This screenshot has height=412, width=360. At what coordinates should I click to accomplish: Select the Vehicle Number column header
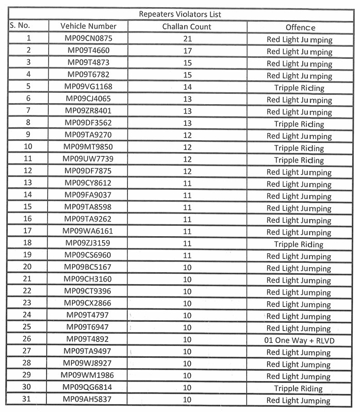point(88,26)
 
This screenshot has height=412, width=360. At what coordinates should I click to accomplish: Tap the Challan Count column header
point(186,26)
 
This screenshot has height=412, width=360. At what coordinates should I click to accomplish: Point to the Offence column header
point(300,27)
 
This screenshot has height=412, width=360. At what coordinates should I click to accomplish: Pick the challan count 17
point(187,51)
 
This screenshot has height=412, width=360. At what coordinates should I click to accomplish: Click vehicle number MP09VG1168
point(88,87)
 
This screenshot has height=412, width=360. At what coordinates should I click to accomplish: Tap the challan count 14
point(187,87)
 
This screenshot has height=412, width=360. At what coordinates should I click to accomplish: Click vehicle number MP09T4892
point(88,339)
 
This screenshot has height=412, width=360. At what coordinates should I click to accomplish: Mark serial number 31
point(28,399)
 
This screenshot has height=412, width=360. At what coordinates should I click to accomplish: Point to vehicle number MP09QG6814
point(88,387)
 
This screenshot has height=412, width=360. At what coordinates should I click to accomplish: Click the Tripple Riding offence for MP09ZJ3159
point(299,244)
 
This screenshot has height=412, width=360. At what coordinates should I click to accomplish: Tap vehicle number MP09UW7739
point(88,159)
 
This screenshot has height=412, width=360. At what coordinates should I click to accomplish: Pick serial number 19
point(28,255)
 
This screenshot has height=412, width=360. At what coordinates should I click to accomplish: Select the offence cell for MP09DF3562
point(299,124)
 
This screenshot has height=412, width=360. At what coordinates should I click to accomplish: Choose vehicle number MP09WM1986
point(88,375)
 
